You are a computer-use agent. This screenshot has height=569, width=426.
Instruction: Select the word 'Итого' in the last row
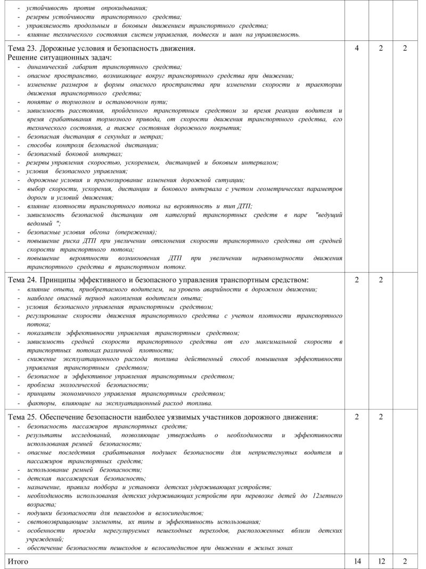point(18,561)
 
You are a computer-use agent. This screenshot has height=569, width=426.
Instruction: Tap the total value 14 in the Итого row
point(356,561)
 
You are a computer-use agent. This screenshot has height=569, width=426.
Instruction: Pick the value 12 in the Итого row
point(381,561)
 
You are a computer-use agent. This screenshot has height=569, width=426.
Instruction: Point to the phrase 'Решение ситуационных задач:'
point(59,57)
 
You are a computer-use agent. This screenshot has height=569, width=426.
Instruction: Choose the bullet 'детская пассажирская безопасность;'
point(79,478)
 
